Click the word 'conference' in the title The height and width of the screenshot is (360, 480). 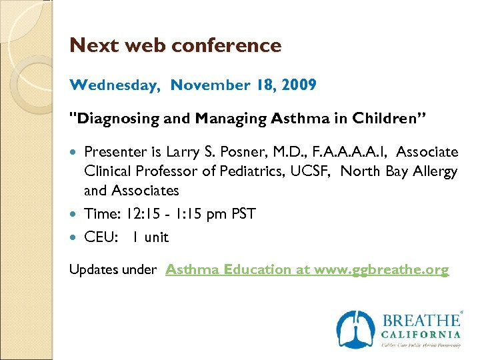227,46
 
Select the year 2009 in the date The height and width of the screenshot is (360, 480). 299,85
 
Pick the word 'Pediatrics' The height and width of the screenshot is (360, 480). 252,171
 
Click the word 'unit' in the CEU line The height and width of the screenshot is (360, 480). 157,237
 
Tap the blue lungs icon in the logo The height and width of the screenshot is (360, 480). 355,329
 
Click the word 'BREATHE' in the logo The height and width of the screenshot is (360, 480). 421,321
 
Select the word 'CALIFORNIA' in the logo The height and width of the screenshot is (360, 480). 421,335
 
